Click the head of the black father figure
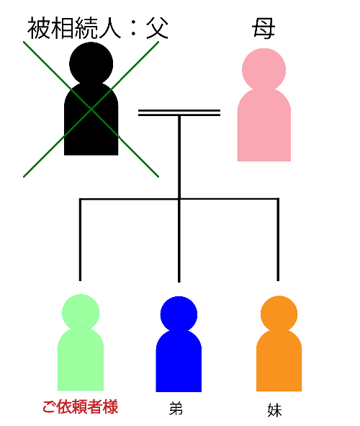coord(91,63)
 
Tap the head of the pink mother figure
coord(264,70)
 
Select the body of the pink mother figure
coord(264,125)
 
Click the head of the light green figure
coord(81,313)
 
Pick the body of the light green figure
coord(81,359)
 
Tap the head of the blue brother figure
coord(179,314)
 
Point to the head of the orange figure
coord(279,314)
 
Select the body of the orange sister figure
coord(279,360)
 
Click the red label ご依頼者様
coord(81,407)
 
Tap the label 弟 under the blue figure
coord(176,409)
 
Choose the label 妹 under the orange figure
coord(274,409)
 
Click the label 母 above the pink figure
coord(264,28)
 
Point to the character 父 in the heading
coord(158,28)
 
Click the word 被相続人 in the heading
coord(74,28)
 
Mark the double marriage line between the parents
coord(179,112)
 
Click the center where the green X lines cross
coord(91,110)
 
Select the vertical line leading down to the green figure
coord(80,240)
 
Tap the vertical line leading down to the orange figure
coord(278,240)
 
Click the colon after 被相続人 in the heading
coord(133,30)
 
